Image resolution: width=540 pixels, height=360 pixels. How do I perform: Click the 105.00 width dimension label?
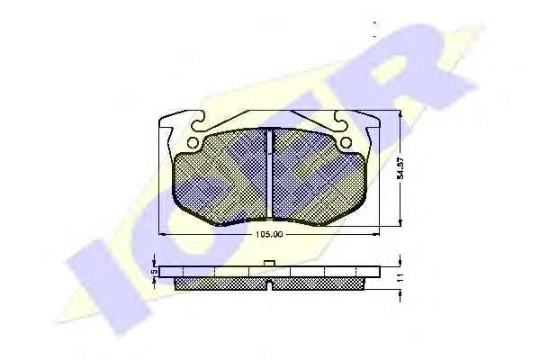[x=269, y=235]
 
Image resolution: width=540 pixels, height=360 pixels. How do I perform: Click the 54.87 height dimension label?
[x=400, y=169]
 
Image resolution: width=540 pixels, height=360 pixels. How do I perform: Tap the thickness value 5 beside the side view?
[x=155, y=272]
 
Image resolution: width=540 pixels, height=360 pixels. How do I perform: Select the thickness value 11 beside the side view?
[x=400, y=278]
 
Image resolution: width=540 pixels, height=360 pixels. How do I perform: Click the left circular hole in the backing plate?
[x=193, y=142]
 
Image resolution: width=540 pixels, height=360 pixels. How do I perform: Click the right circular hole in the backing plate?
[x=346, y=142]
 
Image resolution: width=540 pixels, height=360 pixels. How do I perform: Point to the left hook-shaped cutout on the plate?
[x=199, y=121]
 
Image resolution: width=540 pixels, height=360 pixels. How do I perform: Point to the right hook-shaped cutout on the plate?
[x=340, y=121]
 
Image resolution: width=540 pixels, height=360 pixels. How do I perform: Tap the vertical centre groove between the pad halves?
[x=270, y=174]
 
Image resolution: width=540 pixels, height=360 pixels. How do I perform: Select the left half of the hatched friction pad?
[x=221, y=176]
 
